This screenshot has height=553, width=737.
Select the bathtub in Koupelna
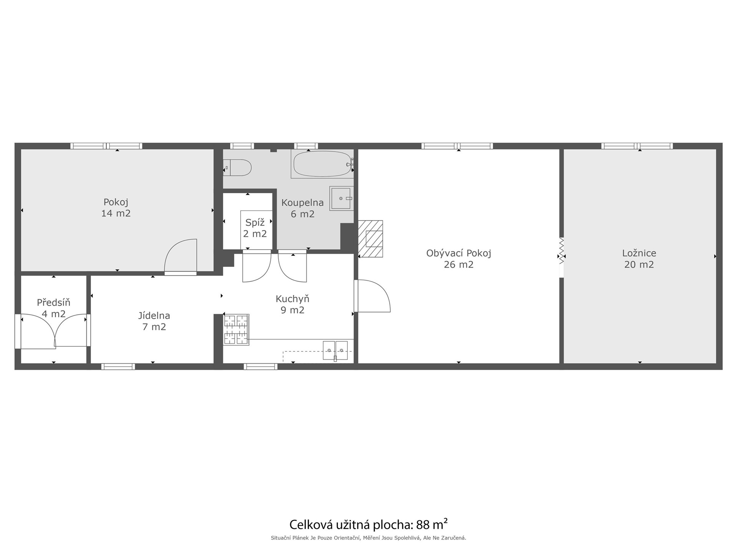click(x=322, y=164)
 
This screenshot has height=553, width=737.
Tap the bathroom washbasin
click(x=341, y=199)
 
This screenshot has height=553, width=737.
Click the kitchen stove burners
click(x=236, y=329)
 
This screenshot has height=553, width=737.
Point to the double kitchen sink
click(x=335, y=350)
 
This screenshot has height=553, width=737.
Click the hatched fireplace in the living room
click(x=370, y=238)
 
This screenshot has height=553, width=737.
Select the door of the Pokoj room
click(x=180, y=257)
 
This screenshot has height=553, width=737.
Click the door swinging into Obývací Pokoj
click(x=372, y=296)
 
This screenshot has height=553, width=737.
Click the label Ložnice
click(x=639, y=253)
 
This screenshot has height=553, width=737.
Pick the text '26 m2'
click(x=459, y=265)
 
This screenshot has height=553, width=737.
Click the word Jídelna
click(x=154, y=316)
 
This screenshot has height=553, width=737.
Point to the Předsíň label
click(x=53, y=303)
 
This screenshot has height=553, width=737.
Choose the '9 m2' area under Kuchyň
click(x=292, y=310)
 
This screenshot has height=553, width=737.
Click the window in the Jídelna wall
click(x=118, y=367)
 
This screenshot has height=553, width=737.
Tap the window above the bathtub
click(x=306, y=146)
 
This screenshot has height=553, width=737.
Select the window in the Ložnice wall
click(x=637, y=146)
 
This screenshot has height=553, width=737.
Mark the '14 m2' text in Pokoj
click(x=116, y=214)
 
